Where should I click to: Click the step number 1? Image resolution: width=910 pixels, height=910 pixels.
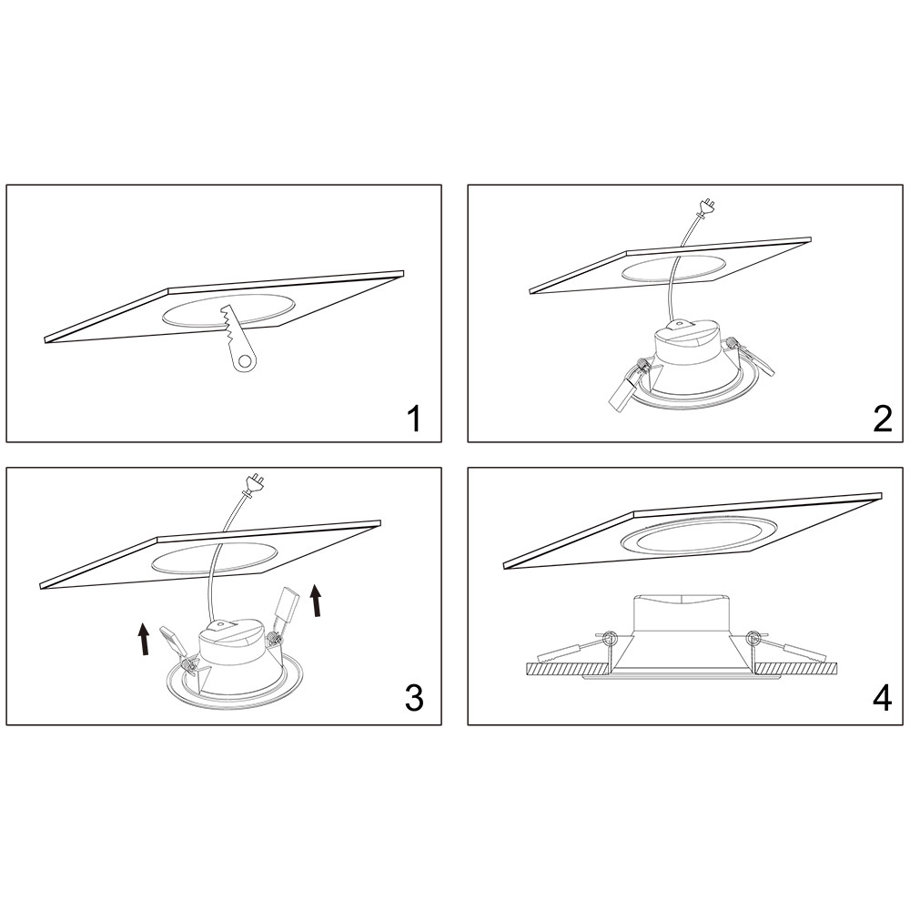coord(414,419)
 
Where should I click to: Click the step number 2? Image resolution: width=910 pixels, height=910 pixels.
coord(882,419)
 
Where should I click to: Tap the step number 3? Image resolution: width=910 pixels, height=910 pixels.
coord(414,698)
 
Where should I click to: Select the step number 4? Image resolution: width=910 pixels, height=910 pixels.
coord(882,698)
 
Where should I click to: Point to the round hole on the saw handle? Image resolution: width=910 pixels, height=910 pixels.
coord(247,363)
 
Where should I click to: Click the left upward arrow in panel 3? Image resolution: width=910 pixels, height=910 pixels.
coord(144,639)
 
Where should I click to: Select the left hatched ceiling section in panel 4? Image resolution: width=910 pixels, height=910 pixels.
coord(567,669)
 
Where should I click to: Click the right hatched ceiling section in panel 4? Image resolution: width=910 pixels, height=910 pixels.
coord(795,669)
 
